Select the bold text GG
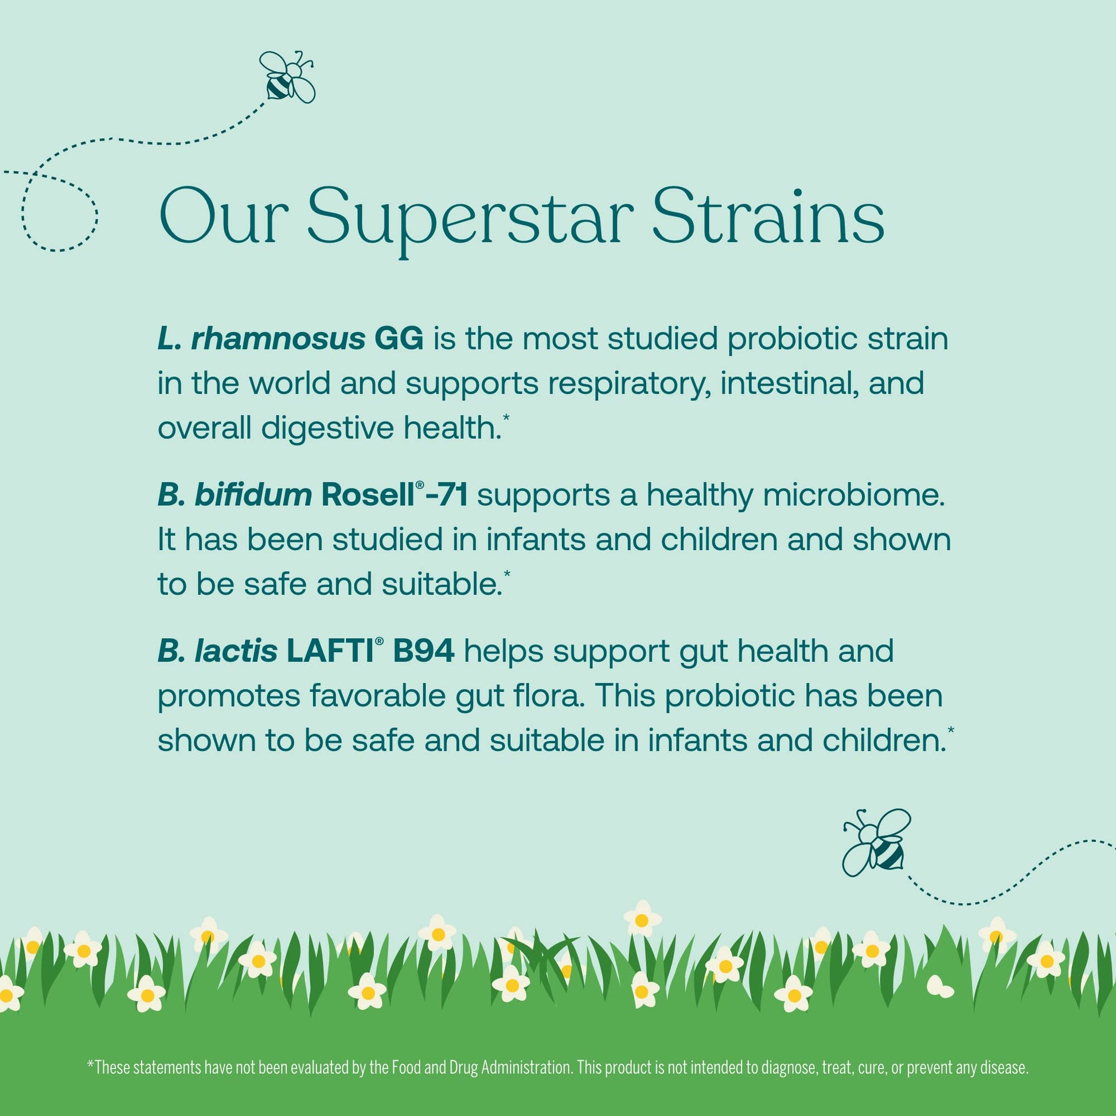[399, 339]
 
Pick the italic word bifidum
[253, 495]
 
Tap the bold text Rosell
[368, 495]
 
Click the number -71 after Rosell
[446, 495]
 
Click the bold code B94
[423, 651]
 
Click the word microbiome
[854, 495]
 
